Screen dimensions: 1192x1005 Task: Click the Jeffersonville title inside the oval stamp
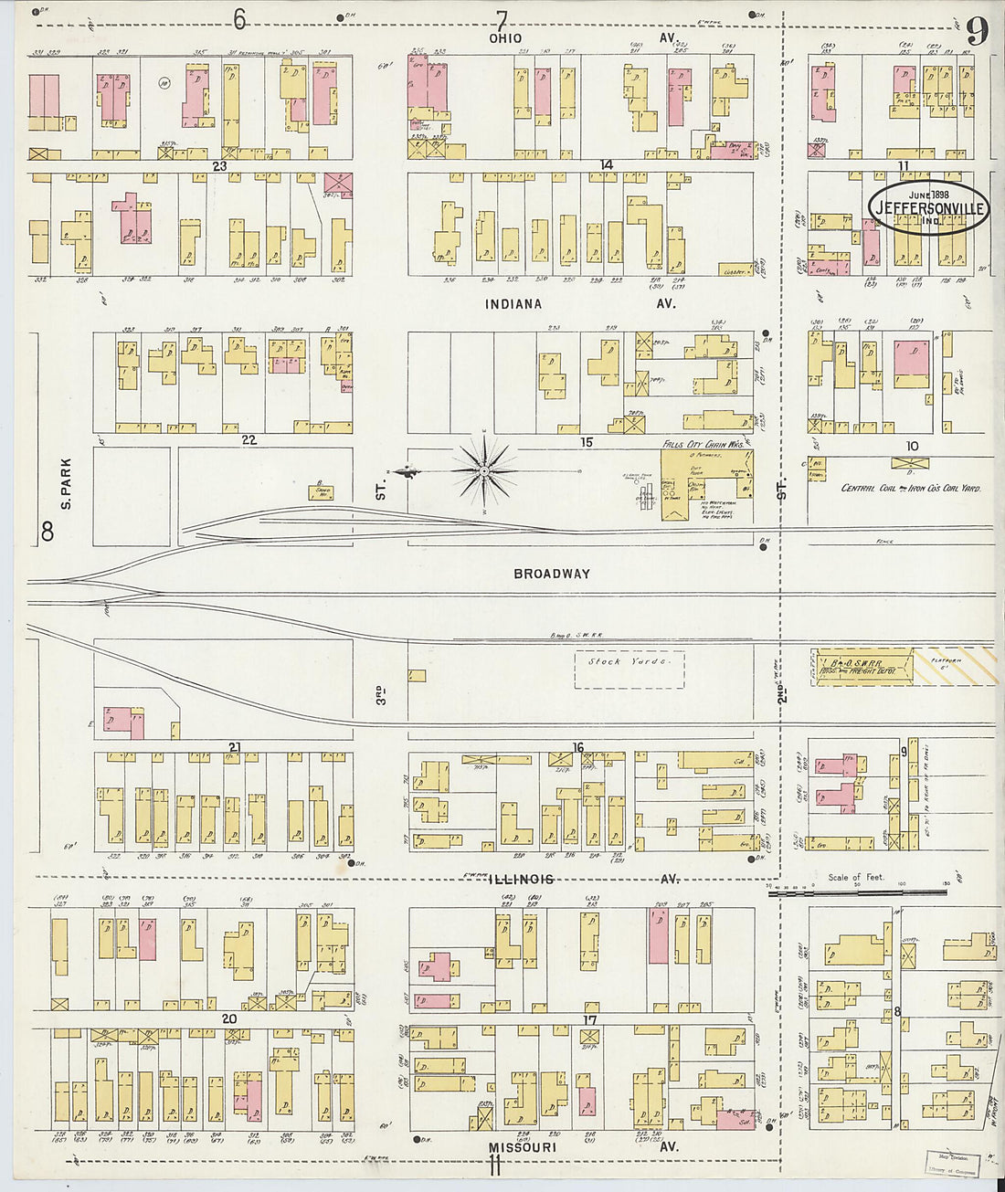(x=929, y=208)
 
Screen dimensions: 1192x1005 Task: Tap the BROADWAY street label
(x=552, y=574)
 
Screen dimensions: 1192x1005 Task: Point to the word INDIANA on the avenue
(x=513, y=304)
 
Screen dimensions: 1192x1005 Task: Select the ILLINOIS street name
(x=520, y=879)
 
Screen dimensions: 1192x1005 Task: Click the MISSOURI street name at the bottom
(x=521, y=1147)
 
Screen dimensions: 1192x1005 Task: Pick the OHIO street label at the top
(x=505, y=38)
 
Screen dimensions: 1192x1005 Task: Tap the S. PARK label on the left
(x=66, y=483)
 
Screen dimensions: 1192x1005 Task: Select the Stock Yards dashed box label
(x=629, y=661)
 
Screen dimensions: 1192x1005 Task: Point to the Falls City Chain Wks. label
(x=703, y=443)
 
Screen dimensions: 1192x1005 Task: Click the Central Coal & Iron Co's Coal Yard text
(x=911, y=489)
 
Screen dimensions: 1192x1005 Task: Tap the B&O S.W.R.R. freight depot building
(x=862, y=666)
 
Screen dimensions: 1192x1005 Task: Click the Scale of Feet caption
(x=855, y=877)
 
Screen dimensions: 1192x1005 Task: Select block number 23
(x=219, y=166)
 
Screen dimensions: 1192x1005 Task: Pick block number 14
(x=606, y=164)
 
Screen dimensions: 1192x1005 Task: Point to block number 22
(x=249, y=440)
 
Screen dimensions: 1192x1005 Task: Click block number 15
(x=587, y=442)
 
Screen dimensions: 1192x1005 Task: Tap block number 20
(x=228, y=1018)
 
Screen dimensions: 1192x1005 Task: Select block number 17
(x=590, y=1019)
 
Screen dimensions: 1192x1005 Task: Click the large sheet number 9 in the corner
(x=977, y=32)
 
